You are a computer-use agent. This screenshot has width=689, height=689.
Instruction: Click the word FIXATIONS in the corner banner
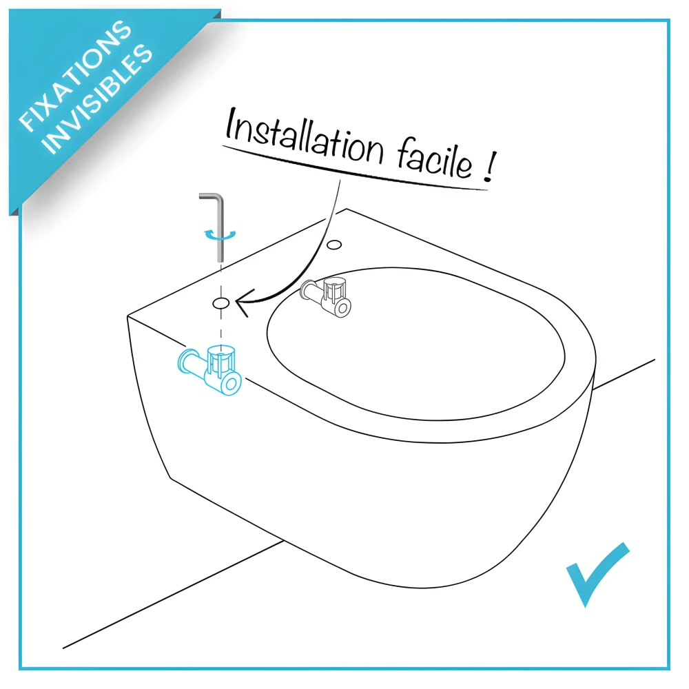coord(74,76)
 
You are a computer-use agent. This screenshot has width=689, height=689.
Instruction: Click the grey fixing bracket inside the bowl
coord(327,297)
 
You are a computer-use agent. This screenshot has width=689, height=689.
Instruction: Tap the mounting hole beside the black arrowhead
coord(221,302)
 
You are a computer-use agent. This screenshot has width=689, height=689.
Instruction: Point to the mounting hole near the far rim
coord(336,244)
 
